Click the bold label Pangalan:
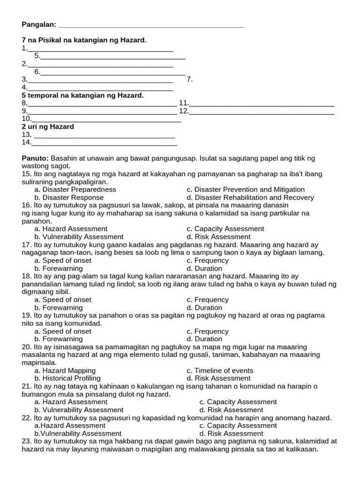pos(39,24)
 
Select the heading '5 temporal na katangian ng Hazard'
pos(82,95)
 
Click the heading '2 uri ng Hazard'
pos(48,127)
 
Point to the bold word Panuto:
pos(35,158)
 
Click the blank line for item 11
pos(262,104)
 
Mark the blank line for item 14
pos(104,143)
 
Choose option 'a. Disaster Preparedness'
pos(75,189)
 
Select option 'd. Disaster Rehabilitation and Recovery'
pos(250,197)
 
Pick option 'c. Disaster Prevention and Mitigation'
pos(245,189)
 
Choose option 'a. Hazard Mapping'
pos(65,370)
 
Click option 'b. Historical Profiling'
pos(67,378)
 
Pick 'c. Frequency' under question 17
pos(207,260)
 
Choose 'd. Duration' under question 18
pos(204,307)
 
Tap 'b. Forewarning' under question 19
pos(59,339)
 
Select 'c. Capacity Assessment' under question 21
pos(238,402)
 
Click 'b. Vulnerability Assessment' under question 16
pos(79,237)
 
